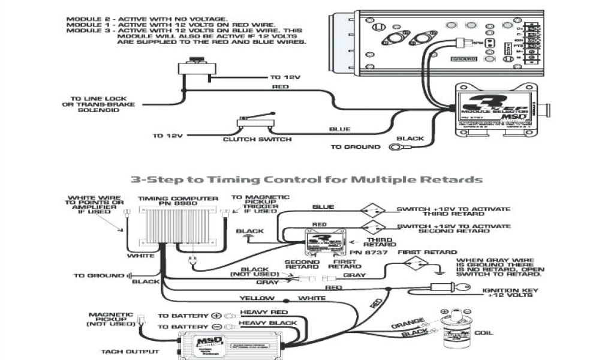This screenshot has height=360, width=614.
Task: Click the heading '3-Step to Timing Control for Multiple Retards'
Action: (x=306, y=179)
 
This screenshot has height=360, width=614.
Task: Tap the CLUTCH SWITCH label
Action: (x=257, y=139)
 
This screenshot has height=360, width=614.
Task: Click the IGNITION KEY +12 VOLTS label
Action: (x=509, y=293)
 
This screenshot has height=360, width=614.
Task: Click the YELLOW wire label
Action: (x=257, y=298)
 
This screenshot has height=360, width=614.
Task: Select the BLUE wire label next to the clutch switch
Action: (x=339, y=129)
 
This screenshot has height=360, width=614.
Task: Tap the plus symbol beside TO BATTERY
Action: (x=216, y=315)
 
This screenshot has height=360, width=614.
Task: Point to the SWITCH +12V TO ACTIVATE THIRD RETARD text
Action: (x=453, y=211)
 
